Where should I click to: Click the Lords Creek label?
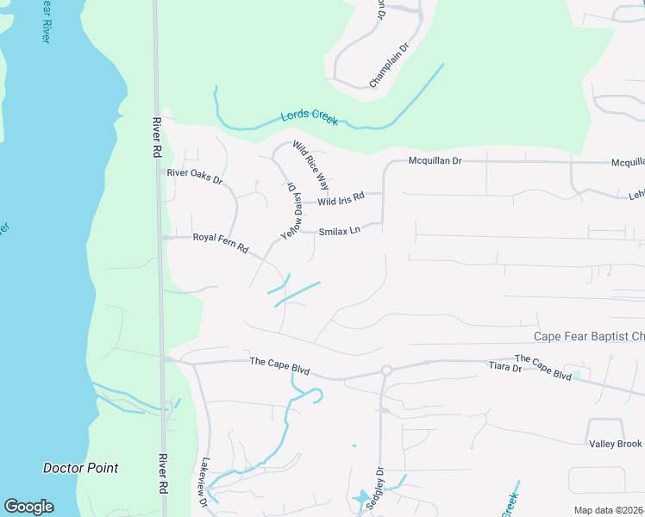click(309, 118)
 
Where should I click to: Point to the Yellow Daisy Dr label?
click(291, 209)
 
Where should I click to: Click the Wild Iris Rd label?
click(341, 199)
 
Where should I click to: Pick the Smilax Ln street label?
click(338, 231)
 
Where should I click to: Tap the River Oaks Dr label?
click(194, 177)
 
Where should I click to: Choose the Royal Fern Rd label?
click(220, 242)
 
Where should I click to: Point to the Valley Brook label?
click(615, 444)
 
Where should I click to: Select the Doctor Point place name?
click(80, 468)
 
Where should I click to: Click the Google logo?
click(28, 507)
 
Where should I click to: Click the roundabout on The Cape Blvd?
click(386, 371)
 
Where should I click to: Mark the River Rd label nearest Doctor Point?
click(161, 473)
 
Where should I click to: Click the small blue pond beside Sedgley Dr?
click(360, 498)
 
